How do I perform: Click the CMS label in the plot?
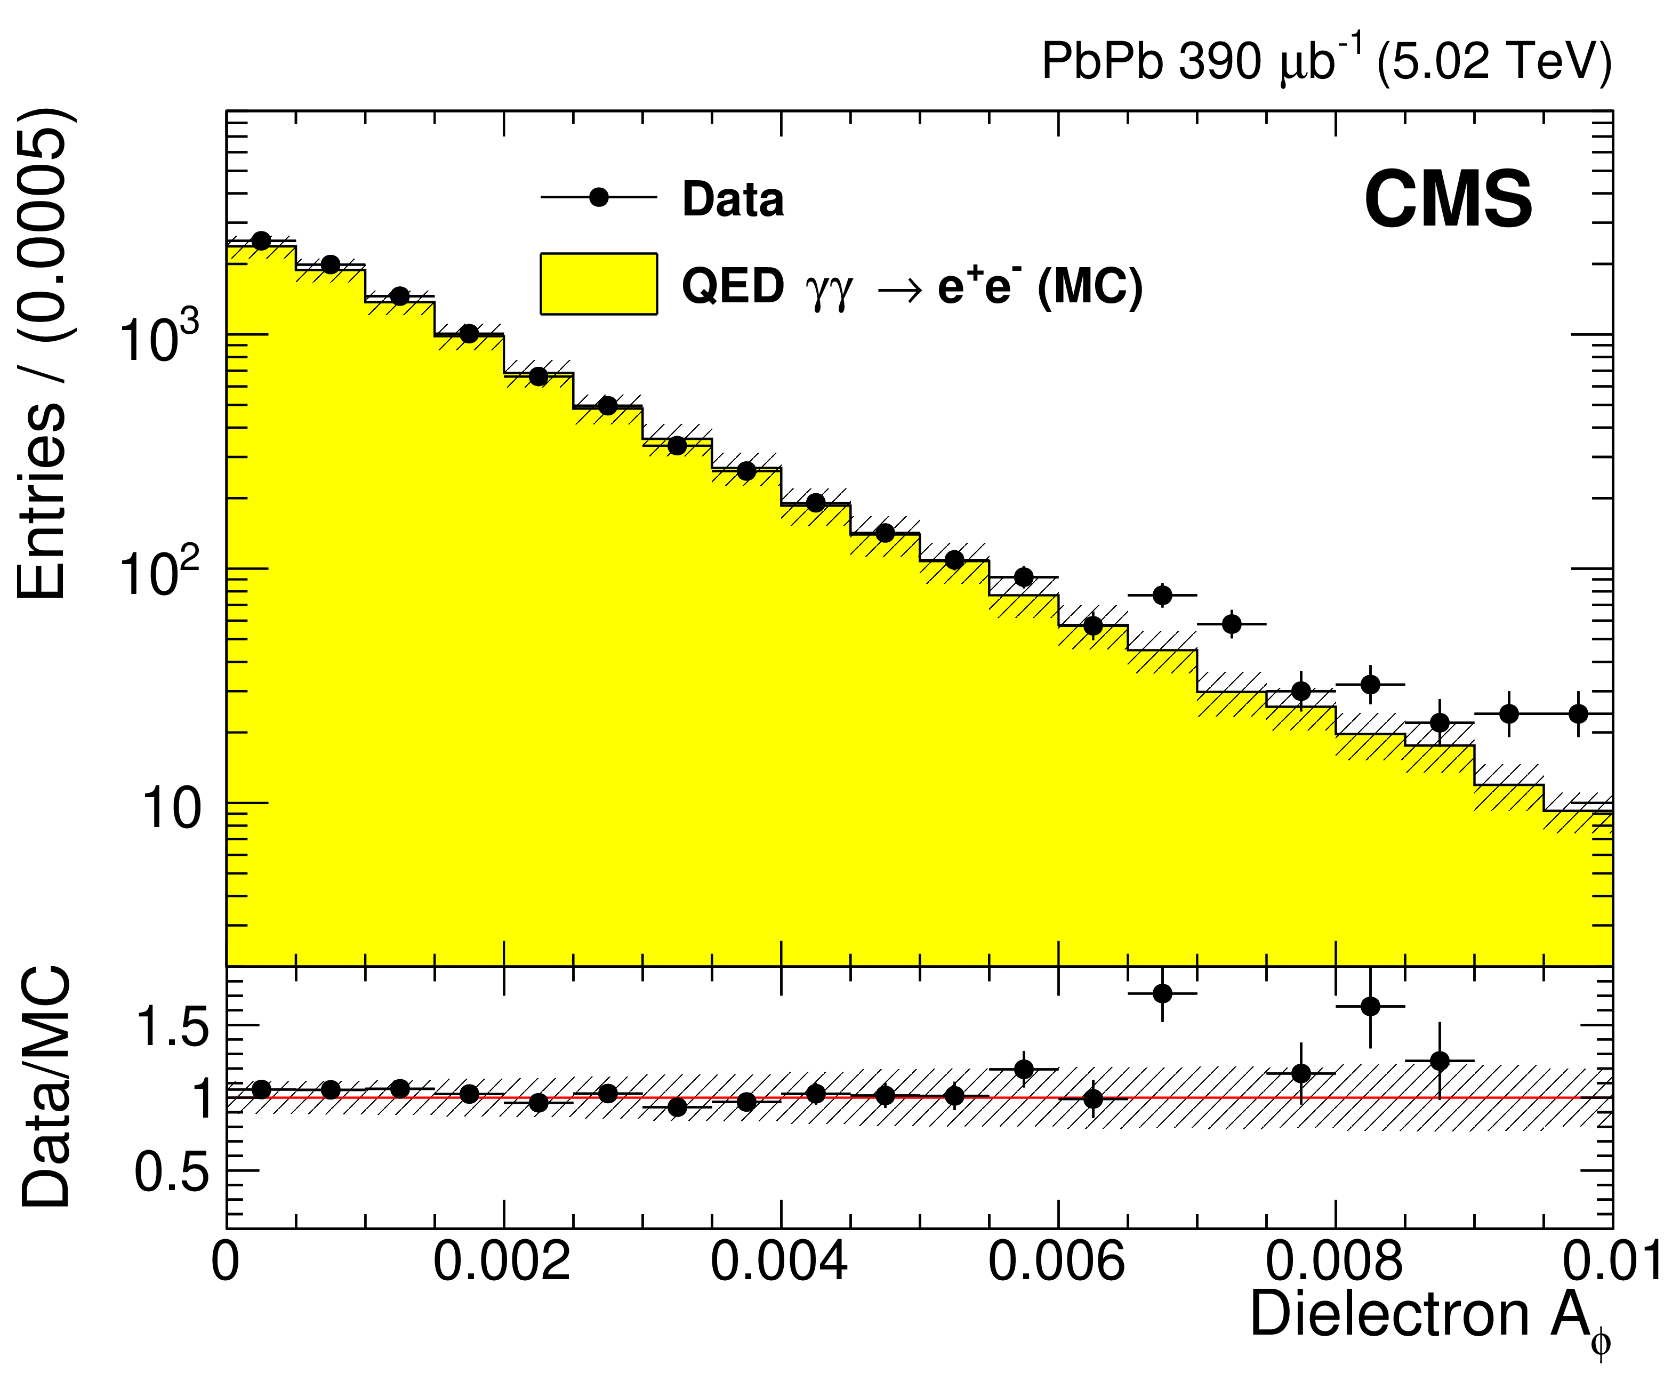(1448, 200)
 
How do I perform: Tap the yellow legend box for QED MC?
(598, 284)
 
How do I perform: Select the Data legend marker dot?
(599, 197)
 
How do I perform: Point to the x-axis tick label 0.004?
(779, 1262)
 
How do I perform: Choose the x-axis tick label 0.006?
(1057, 1262)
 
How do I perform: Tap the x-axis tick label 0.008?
(1335, 1262)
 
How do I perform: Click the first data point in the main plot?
(261, 240)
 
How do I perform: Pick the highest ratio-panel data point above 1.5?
(1162, 993)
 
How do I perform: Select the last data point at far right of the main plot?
(1578, 713)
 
